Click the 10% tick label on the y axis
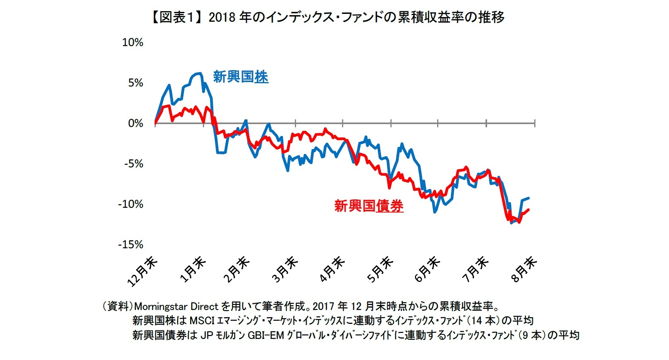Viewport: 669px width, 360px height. [x=132, y=42]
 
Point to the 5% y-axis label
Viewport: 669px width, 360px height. [x=135, y=83]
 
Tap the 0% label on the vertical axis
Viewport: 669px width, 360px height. [x=135, y=123]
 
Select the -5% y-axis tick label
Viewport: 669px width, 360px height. [x=133, y=164]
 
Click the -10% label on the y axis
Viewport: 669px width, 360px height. [x=130, y=204]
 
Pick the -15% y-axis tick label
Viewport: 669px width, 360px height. [x=130, y=245]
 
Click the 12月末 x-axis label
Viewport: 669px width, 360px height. [x=143, y=271]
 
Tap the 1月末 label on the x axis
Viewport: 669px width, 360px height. [x=193, y=269]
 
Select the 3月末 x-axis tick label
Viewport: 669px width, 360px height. [x=285, y=269]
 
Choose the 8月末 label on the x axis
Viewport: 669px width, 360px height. [x=524, y=269]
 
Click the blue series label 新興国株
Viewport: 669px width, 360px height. [x=241, y=77]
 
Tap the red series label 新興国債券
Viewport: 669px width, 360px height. [x=369, y=206]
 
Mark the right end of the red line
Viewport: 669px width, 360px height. [x=529, y=210]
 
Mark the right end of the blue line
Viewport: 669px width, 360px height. [x=529, y=198]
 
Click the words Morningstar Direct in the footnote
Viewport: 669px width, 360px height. [x=176, y=306]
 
